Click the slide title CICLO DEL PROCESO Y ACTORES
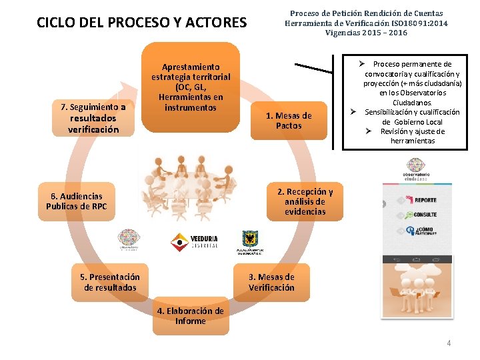[x=141, y=23]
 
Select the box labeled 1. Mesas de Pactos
[x=289, y=121]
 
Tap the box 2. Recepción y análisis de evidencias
[x=305, y=201]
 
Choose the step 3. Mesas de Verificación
[x=271, y=282]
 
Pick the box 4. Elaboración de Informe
[x=191, y=316]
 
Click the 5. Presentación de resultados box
[x=110, y=282]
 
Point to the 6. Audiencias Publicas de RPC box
[x=76, y=201]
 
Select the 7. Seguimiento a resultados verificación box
[x=93, y=118]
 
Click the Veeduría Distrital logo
[x=195, y=242]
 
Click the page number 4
[x=449, y=343]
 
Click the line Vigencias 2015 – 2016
[x=366, y=33]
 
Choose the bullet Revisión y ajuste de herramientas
[x=413, y=136]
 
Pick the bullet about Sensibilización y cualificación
[x=411, y=117]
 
